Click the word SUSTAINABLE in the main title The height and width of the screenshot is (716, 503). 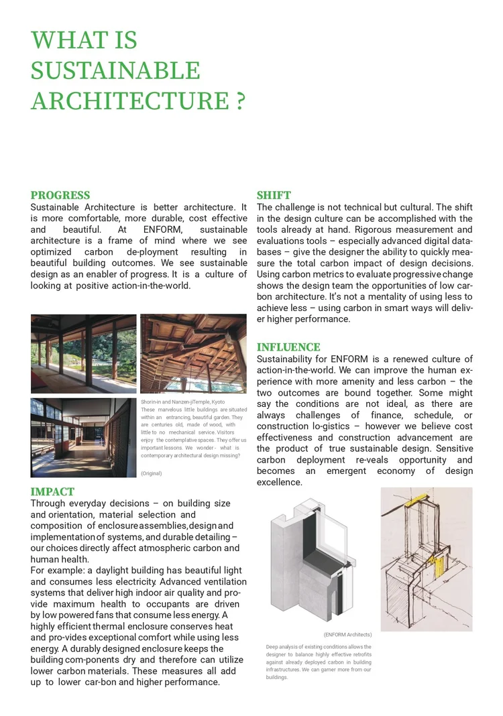(115, 70)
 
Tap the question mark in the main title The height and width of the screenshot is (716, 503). (240, 101)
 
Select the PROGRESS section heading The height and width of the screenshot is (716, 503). (60, 195)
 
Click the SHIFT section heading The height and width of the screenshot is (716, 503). (274, 195)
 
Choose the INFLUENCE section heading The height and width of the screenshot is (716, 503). (288, 347)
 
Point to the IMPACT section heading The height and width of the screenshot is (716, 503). (52, 491)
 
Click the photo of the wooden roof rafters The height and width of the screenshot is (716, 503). (193, 353)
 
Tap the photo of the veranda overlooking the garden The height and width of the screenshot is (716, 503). (83, 353)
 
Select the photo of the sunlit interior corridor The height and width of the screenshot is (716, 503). (83, 437)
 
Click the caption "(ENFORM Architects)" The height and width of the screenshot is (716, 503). (347, 634)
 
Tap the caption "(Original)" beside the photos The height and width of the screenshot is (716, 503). (151, 473)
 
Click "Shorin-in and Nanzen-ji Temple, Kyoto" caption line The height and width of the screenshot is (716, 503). (182, 402)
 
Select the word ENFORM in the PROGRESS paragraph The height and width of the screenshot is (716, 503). (162, 230)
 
